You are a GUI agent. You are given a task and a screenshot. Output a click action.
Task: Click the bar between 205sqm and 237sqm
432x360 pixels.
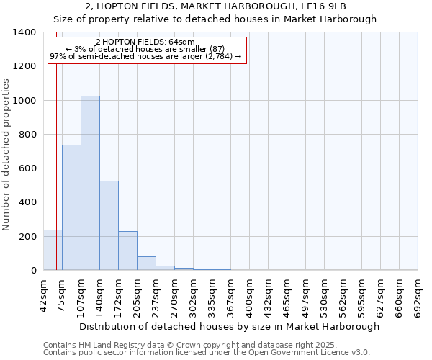pyautogui.click(x=146, y=264)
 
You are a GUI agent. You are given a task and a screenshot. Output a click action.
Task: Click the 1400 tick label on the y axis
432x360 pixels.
pyautogui.click(x=24, y=32)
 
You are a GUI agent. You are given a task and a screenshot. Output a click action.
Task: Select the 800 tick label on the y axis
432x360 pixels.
pyautogui.click(x=27, y=135)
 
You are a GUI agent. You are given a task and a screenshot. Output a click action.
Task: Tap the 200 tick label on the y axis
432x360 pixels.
pyautogui.click(x=27, y=237)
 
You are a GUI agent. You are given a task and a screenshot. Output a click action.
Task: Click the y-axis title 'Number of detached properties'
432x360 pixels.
pyautogui.click(x=7, y=155)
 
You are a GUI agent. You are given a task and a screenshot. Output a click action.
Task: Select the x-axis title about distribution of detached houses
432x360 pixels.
pyautogui.click(x=229, y=326)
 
